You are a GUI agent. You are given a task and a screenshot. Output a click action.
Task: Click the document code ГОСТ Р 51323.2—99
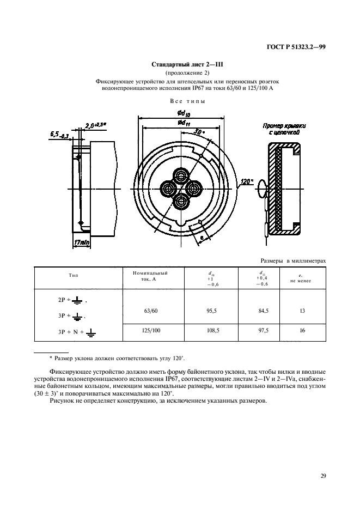tap(296, 47)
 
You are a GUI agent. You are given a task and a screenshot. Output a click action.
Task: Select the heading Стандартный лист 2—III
tap(180, 64)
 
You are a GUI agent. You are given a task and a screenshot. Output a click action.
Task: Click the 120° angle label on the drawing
tap(248, 181)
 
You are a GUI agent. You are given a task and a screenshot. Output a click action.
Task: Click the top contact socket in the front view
tap(180, 175)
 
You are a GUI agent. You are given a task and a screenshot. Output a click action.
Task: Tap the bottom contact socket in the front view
tap(180, 202)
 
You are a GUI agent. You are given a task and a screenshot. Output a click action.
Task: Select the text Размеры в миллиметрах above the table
tap(294, 261)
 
